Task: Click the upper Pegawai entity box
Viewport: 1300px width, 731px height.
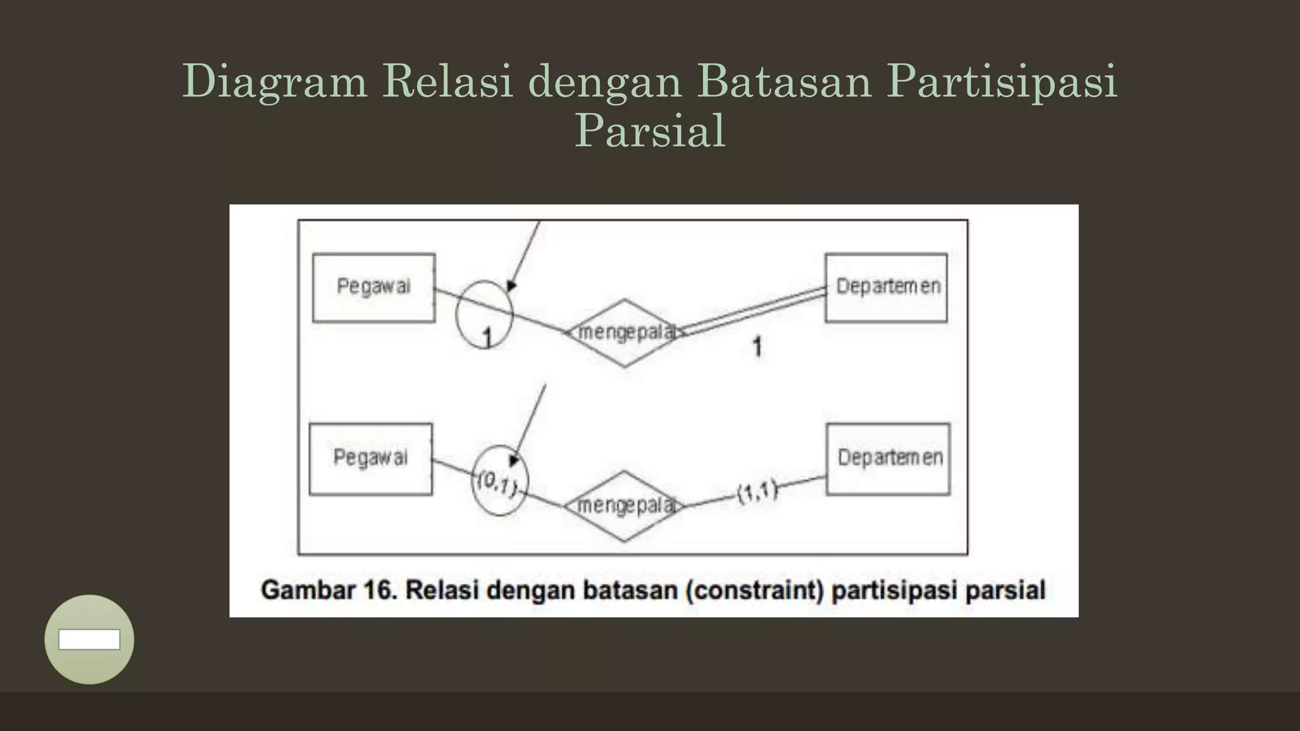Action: (374, 287)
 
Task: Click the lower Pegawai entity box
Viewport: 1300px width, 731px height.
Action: (371, 459)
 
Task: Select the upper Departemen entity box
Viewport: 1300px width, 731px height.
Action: (886, 287)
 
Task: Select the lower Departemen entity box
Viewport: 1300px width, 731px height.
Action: (889, 459)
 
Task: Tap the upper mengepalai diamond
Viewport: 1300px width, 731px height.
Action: (624, 333)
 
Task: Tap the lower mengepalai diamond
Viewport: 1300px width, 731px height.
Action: (624, 506)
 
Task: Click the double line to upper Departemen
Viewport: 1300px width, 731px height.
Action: (752, 311)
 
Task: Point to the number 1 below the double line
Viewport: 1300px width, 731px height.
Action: (757, 346)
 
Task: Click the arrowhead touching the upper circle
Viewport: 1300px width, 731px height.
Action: (511, 286)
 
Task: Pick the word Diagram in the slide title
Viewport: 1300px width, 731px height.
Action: (275, 81)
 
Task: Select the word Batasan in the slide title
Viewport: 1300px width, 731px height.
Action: (785, 81)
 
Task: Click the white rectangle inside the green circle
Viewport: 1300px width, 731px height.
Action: (90, 640)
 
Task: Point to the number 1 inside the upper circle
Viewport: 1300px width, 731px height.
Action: (487, 338)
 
